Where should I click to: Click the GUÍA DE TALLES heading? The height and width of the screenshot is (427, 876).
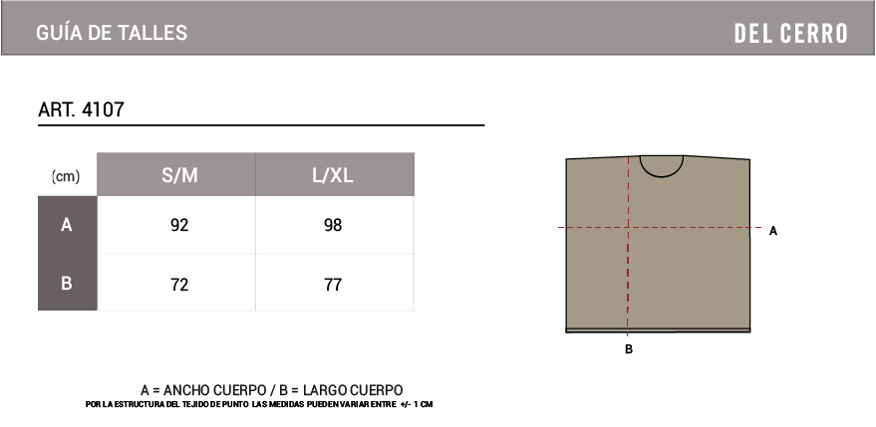(x=112, y=33)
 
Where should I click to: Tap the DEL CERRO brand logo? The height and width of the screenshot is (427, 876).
(x=790, y=34)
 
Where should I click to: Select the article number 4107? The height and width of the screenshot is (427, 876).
(x=103, y=109)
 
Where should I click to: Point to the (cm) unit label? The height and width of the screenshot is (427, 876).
(x=66, y=176)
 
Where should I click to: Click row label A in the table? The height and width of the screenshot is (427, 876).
(x=67, y=225)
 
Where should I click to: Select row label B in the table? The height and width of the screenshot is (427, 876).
(x=67, y=283)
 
